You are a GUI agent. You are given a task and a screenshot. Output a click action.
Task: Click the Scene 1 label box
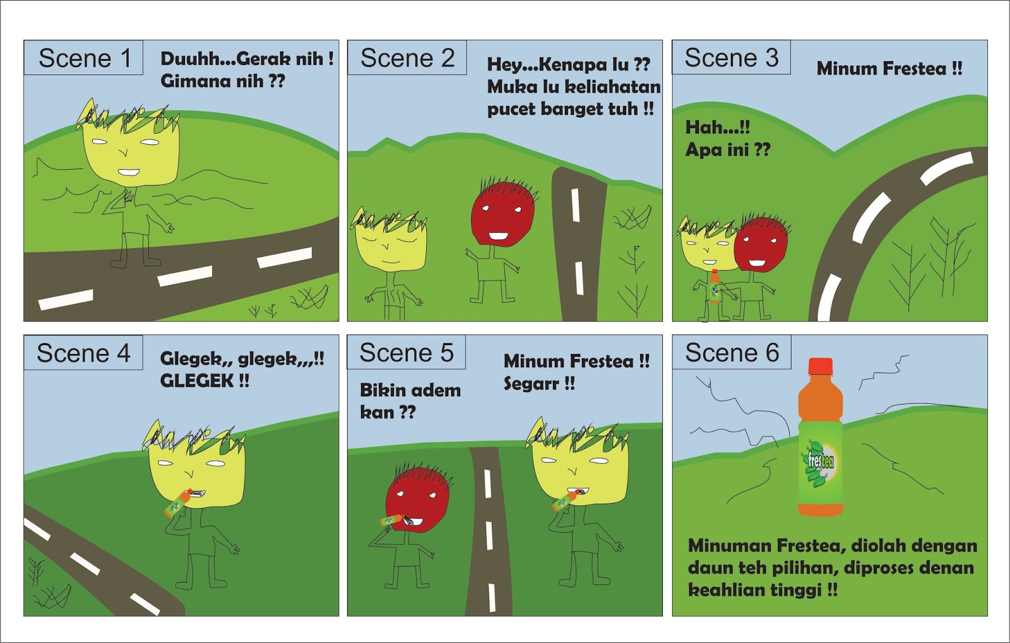point(83,58)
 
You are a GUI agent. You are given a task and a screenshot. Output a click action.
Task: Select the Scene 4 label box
point(83,353)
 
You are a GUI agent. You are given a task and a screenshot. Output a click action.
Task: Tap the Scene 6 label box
point(731,353)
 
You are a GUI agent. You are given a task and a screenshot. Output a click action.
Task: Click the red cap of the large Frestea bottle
point(820,367)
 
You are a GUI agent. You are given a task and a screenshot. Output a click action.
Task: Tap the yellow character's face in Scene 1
point(131,151)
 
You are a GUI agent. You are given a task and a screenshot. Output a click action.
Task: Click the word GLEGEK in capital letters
point(197,380)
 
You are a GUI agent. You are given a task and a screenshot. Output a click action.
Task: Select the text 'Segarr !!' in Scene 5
point(539,384)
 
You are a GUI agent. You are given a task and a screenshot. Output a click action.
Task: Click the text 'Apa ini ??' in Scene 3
point(727,150)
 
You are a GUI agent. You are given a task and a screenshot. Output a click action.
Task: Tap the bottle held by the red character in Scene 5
point(392,521)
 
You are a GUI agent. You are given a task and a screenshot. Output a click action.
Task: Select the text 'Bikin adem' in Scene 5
point(410,390)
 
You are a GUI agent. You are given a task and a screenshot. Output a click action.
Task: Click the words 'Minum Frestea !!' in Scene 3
point(889,68)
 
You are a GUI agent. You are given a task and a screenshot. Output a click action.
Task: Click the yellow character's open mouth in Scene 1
point(129,172)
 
